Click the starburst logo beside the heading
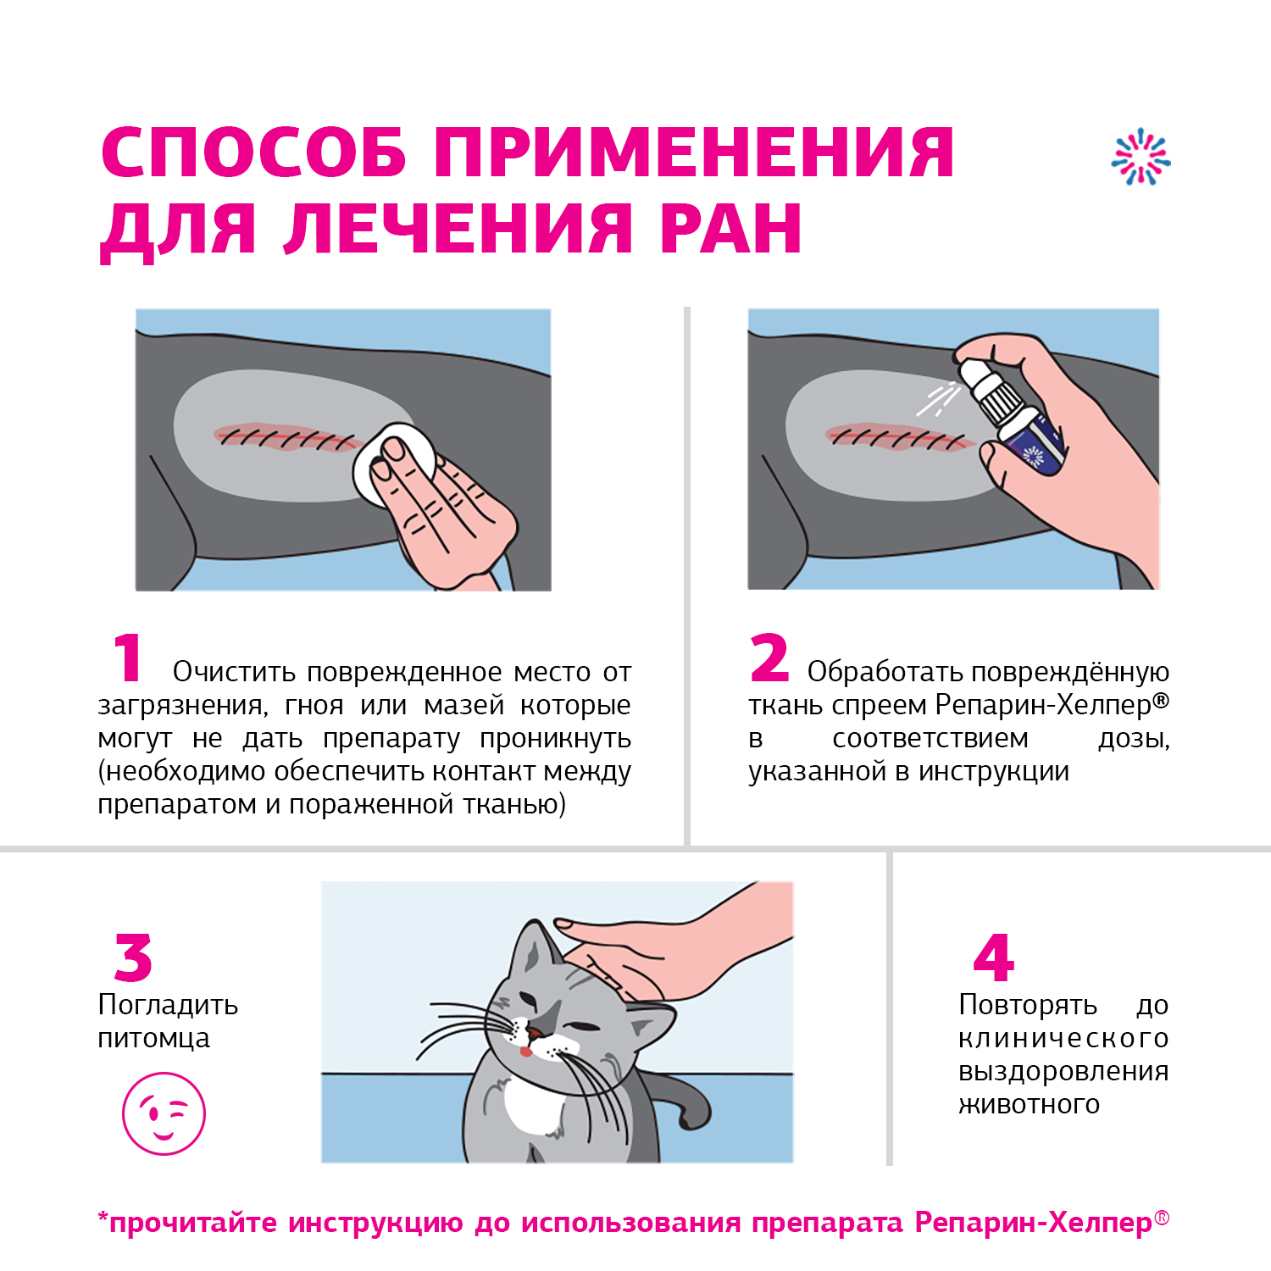click(x=1141, y=157)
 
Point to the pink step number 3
click(x=134, y=957)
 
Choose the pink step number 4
click(x=994, y=957)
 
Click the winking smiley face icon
click(x=164, y=1113)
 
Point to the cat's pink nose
click(x=536, y=1033)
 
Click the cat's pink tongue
click(x=526, y=1052)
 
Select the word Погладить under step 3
click(x=168, y=1006)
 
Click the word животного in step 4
click(x=1029, y=1104)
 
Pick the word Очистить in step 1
click(x=234, y=672)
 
